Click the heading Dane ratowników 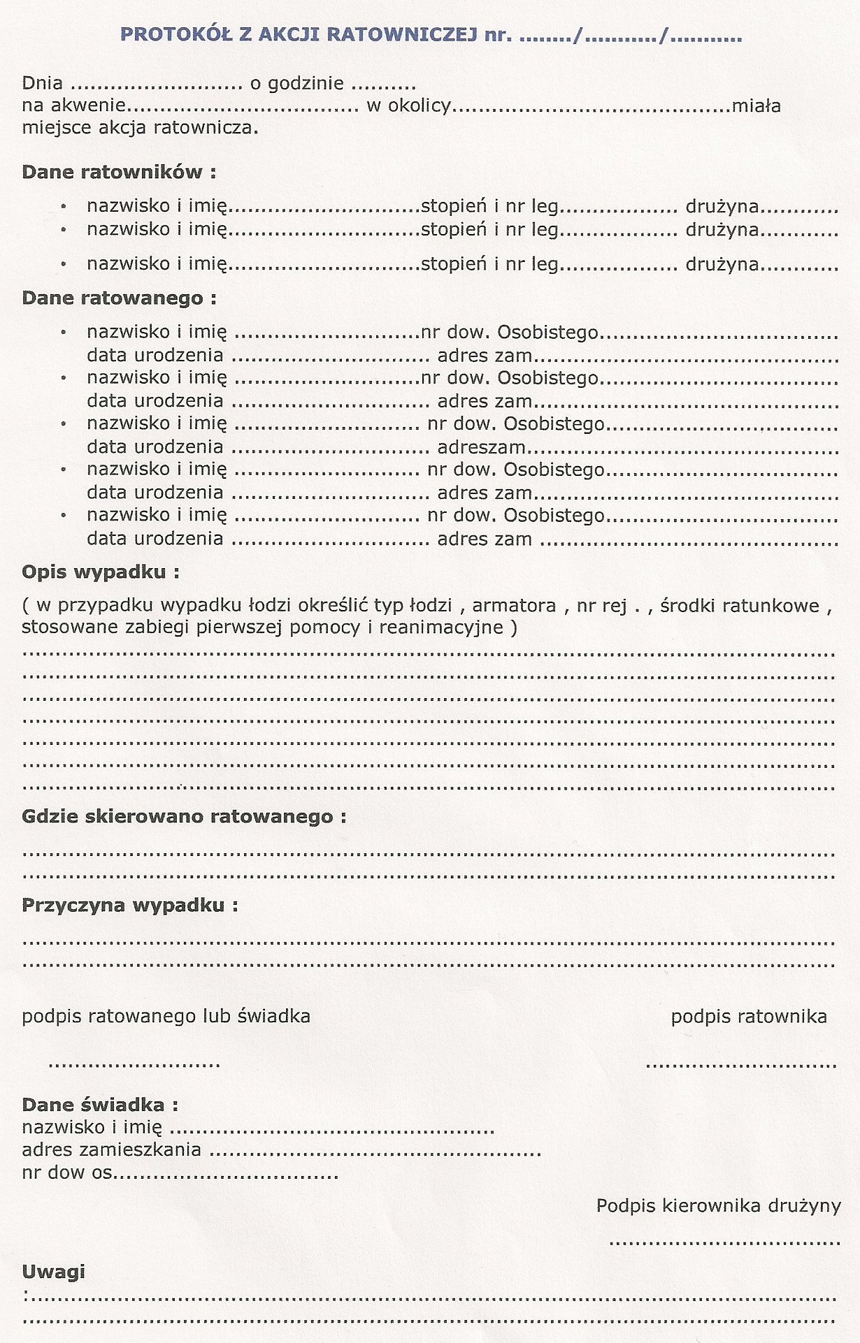coord(119,172)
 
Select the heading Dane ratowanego coord(119,298)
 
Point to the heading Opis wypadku coord(100,572)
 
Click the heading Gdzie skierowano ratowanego coord(184,816)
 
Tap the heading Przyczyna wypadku coord(129,906)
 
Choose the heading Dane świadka coord(100,1105)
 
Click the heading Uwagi coord(53,1271)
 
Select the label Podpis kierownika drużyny coord(718,1205)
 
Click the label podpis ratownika coord(749,1017)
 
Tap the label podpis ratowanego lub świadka coord(166,1017)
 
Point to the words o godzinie coord(296,84)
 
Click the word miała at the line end coord(756,106)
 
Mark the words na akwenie coord(73,106)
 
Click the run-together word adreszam coord(481,447)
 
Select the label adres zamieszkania coord(111,1149)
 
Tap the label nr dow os coord(66,1172)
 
